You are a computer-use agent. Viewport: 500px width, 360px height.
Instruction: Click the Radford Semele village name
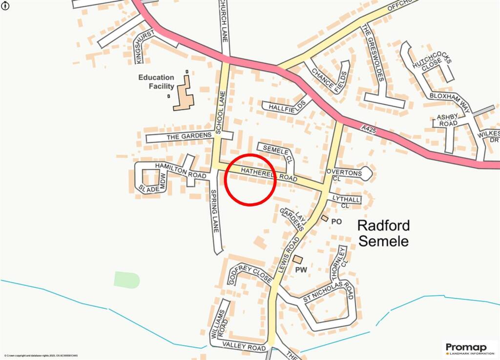(x=383, y=233)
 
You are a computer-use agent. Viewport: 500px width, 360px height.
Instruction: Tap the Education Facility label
(x=156, y=82)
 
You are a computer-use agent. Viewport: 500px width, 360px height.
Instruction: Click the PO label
(x=336, y=221)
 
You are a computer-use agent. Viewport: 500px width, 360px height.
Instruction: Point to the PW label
(x=300, y=269)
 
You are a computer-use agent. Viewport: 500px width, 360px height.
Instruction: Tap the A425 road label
(x=370, y=129)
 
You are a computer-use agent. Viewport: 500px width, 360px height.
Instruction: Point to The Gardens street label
(x=189, y=136)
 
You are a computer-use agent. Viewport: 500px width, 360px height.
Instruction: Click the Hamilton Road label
(x=175, y=171)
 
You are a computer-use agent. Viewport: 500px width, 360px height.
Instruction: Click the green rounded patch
(x=127, y=280)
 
